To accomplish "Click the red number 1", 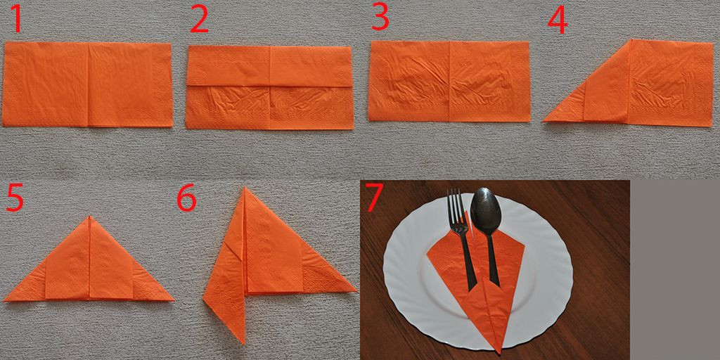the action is pos(17,18).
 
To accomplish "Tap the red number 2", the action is pos(200,19).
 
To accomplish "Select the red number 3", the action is pos(380,17).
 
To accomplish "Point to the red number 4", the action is pos(558,21).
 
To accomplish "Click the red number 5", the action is pos(14,198).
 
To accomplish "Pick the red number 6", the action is pos(187,198).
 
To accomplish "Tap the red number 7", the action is pos(374,197).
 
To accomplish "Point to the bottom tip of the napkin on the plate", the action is pos(500,353).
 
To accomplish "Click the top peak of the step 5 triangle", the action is pos(90,217).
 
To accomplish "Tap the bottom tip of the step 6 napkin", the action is pos(243,343).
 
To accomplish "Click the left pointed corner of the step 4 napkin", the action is pos(544,120).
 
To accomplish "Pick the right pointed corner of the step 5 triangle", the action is pos(174,300).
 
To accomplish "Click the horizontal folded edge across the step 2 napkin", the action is pos(269,85).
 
